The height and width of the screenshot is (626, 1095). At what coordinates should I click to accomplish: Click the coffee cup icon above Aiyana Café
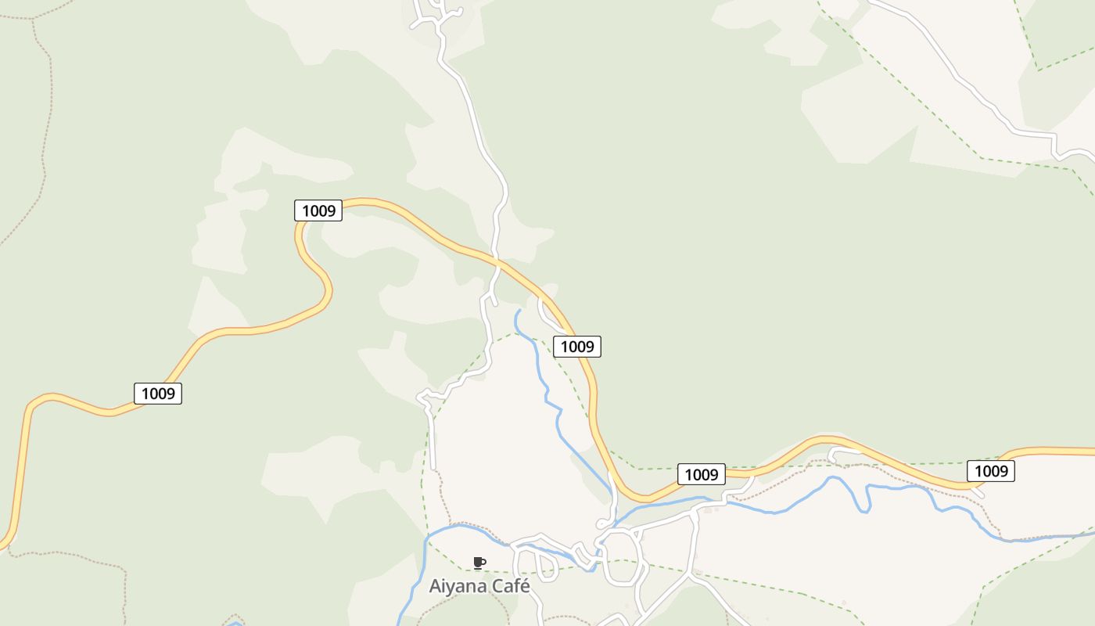coord(479,563)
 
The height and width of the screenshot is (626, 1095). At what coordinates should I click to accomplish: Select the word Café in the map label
coord(509,586)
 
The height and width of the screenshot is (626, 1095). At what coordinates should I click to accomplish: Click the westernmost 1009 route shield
coord(158,393)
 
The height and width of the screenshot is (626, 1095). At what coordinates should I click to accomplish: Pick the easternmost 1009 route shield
coord(991,470)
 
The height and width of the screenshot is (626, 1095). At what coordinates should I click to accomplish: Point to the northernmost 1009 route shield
coord(318,210)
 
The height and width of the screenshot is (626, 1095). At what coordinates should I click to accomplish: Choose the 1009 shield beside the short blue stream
coord(577,346)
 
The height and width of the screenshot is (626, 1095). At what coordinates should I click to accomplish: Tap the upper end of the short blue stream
coord(519,311)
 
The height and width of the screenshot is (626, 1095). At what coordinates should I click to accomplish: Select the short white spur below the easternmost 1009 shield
coord(977,491)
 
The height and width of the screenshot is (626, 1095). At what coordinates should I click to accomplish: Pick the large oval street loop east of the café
coord(622,556)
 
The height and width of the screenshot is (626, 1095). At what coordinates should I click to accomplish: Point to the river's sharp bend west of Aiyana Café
coord(429,540)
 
